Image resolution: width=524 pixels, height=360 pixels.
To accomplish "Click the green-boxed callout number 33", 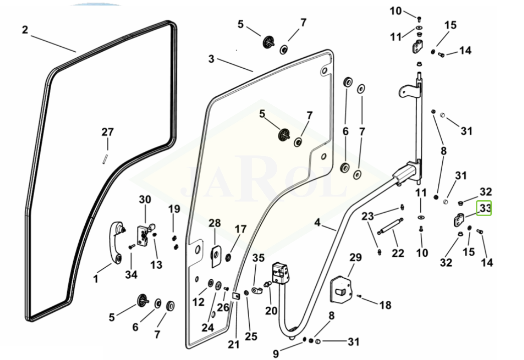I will pyautogui.click(x=484, y=208).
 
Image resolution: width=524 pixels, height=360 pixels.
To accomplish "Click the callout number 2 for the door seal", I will pyautogui.click(x=25, y=30).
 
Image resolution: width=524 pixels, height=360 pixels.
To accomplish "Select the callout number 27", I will pyautogui.click(x=107, y=132).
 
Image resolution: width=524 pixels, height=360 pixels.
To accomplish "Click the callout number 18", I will pyautogui.click(x=385, y=305).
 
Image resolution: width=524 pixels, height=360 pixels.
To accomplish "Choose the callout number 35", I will pyautogui.click(x=258, y=259).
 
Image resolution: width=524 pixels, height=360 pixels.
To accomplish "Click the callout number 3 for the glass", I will pyautogui.click(x=211, y=59).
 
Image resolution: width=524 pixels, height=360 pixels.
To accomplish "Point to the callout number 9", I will pyautogui.click(x=276, y=353).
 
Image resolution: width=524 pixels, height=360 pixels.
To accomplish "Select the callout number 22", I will pyautogui.click(x=398, y=253).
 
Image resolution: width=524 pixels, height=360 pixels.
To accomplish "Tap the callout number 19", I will pyautogui.click(x=173, y=209).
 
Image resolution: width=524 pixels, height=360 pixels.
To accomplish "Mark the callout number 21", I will pyautogui.click(x=234, y=344).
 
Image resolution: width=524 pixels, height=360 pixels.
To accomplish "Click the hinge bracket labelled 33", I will pyautogui.click(x=460, y=219).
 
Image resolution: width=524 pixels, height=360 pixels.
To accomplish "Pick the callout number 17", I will pyautogui.click(x=241, y=229).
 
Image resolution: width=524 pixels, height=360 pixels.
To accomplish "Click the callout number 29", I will pyautogui.click(x=355, y=258).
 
